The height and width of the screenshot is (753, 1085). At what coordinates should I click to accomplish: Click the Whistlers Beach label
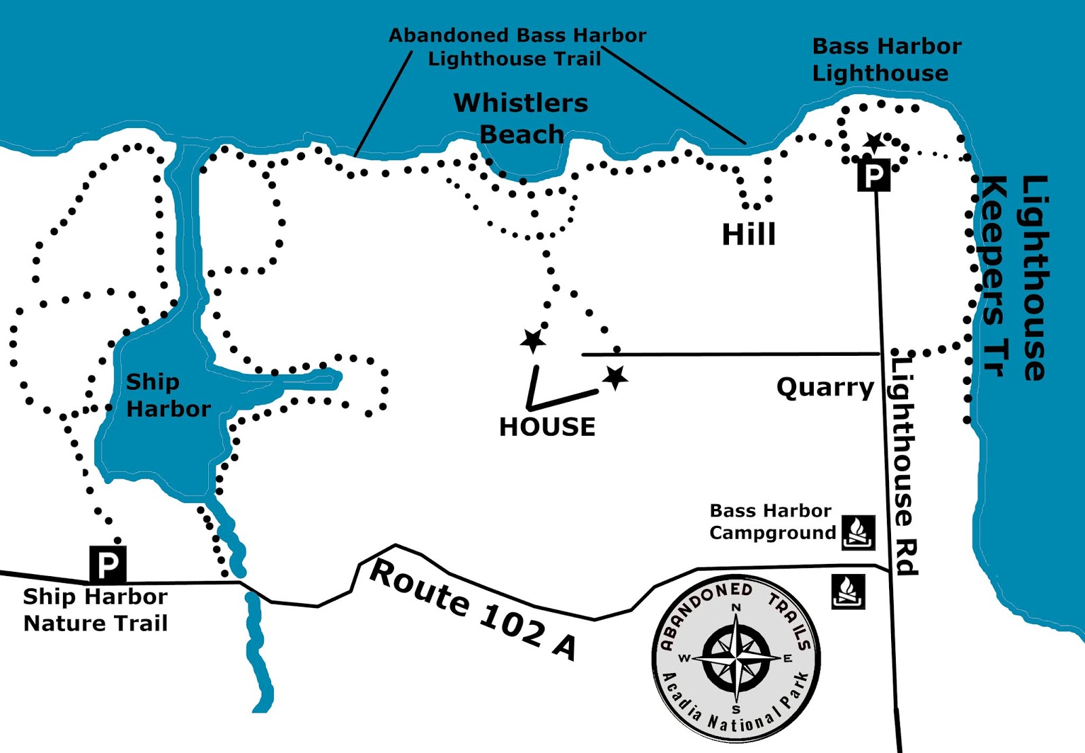(x=521, y=119)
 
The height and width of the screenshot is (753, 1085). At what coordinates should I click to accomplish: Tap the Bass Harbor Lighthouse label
(x=886, y=60)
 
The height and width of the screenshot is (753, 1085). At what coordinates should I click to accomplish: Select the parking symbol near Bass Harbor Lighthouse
(x=873, y=176)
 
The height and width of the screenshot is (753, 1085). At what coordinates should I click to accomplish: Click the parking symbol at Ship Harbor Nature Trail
(x=108, y=564)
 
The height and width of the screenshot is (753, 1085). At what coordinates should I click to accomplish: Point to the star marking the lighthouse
(x=873, y=142)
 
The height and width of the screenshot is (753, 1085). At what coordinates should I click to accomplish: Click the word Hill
(x=749, y=235)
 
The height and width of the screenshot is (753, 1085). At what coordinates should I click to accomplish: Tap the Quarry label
(x=825, y=387)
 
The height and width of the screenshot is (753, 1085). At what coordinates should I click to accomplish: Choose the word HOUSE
(x=547, y=427)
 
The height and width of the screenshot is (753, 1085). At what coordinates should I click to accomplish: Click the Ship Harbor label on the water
(x=167, y=395)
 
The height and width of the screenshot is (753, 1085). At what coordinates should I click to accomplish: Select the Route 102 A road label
(x=473, y=609)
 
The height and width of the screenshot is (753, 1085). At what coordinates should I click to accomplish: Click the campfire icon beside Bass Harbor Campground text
(x=858, y=531)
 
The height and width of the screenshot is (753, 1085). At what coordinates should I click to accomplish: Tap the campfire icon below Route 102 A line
(x=848, y=592)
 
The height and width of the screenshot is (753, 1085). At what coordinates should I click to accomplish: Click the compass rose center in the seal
(x=736, y=658)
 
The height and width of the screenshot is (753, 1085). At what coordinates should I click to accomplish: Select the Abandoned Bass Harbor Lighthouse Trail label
(x=517, y=47)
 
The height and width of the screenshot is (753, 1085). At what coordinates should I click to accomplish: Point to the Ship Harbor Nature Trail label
(x=95, y=609)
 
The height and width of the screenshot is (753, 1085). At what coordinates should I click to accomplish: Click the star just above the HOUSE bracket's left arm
(x=533, y=340)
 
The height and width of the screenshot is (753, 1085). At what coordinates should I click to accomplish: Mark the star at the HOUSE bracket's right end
(x=615, y=378)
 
